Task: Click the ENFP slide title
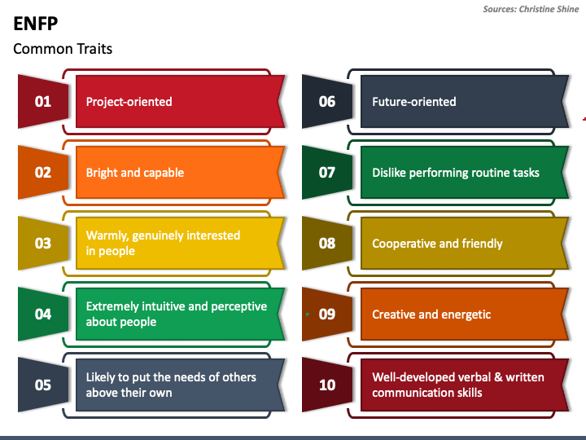[35, 23]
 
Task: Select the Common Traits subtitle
[63, 49]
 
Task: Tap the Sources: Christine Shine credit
[531, 9]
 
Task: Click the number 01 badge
[43, 102]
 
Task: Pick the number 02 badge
[43, 173]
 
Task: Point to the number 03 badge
[43, 244]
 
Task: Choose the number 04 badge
[43, 315]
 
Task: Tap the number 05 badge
[43, 385]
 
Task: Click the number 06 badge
[327, 102]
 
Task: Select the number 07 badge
[327, 173]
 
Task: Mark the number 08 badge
[327, 244]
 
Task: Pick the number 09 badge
[327, 315]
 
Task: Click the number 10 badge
[327, 385]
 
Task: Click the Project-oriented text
[129, 102]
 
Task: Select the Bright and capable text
[135, 173]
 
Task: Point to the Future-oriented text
[413, 102]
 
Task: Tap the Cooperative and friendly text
[437, 244]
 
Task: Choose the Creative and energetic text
[431, 315]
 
